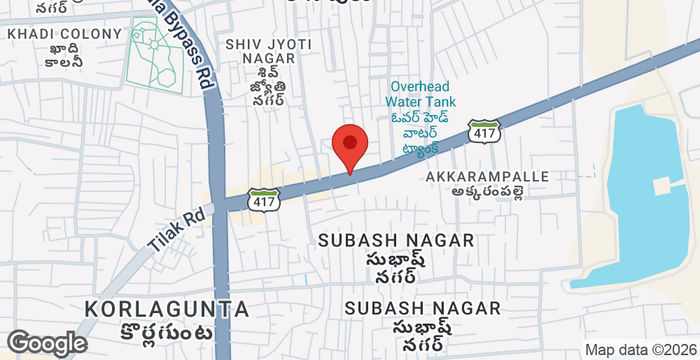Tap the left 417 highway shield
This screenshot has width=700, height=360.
(263, 199)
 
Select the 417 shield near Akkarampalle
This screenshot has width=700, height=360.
(484, 130)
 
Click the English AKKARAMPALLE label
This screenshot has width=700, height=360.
(487, 177)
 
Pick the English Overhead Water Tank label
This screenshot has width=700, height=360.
(423, 94)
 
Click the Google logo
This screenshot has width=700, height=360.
(47, 343)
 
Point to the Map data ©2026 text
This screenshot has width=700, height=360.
(640, 349)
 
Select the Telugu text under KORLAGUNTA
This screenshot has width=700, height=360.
(160, 332)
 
